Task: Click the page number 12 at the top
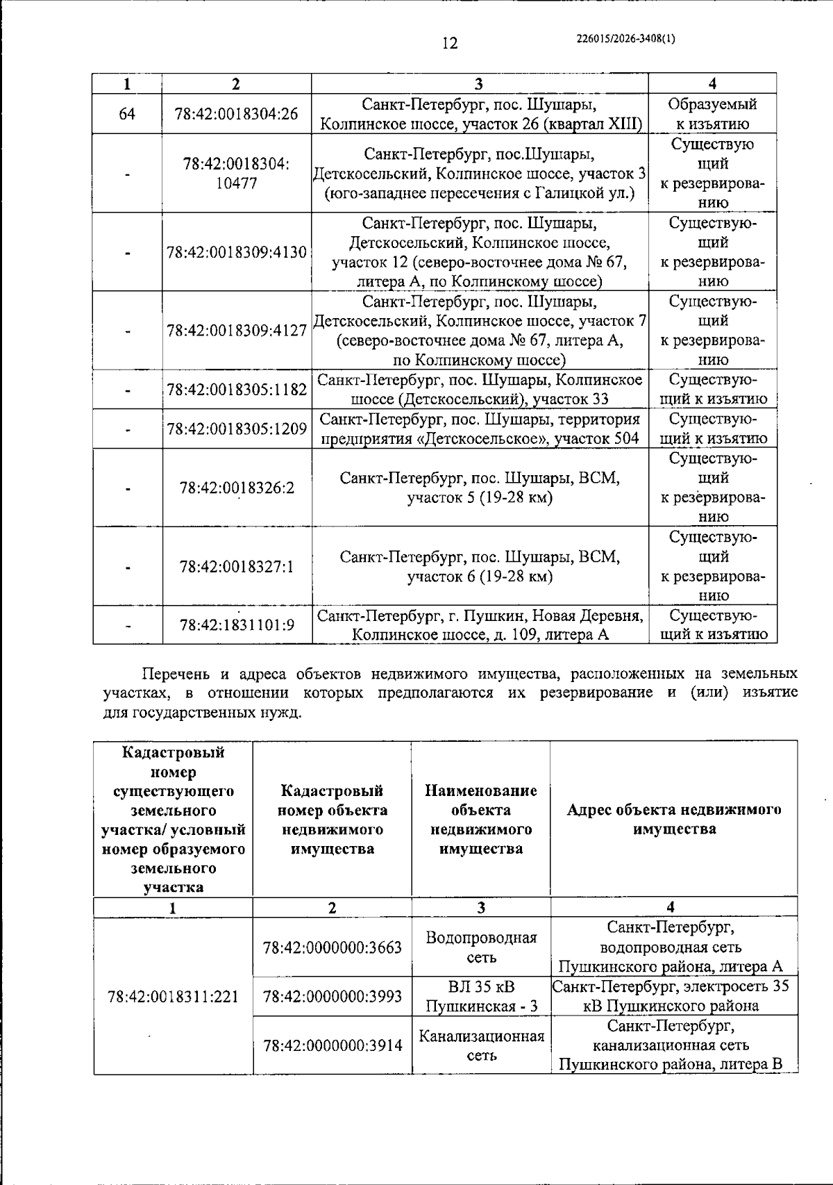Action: pos(450,43)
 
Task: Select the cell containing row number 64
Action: pos(127,113)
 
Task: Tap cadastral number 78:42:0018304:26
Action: pos(236,113)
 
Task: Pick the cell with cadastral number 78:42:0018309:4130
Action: pos(237,252)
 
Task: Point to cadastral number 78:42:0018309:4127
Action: pos(237,331)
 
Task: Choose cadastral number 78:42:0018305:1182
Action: pos(237,390)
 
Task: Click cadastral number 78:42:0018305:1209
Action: pos(237,429)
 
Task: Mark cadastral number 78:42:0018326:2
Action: pos(237,488)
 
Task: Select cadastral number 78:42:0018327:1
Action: pos(237,567)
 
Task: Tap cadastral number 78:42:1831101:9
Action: pos(237,625)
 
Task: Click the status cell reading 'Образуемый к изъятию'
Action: pos(712,114)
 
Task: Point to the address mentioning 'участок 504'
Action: pos(480,429)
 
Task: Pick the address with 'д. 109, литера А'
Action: pos(480,625)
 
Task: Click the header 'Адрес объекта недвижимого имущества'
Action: pos(673,819)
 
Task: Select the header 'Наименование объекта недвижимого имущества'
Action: pos(480,820)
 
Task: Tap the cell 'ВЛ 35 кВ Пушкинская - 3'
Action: pos(480,996)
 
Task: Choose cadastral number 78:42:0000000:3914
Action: pos(333,1045)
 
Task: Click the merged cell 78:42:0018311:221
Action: pos(173,996)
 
